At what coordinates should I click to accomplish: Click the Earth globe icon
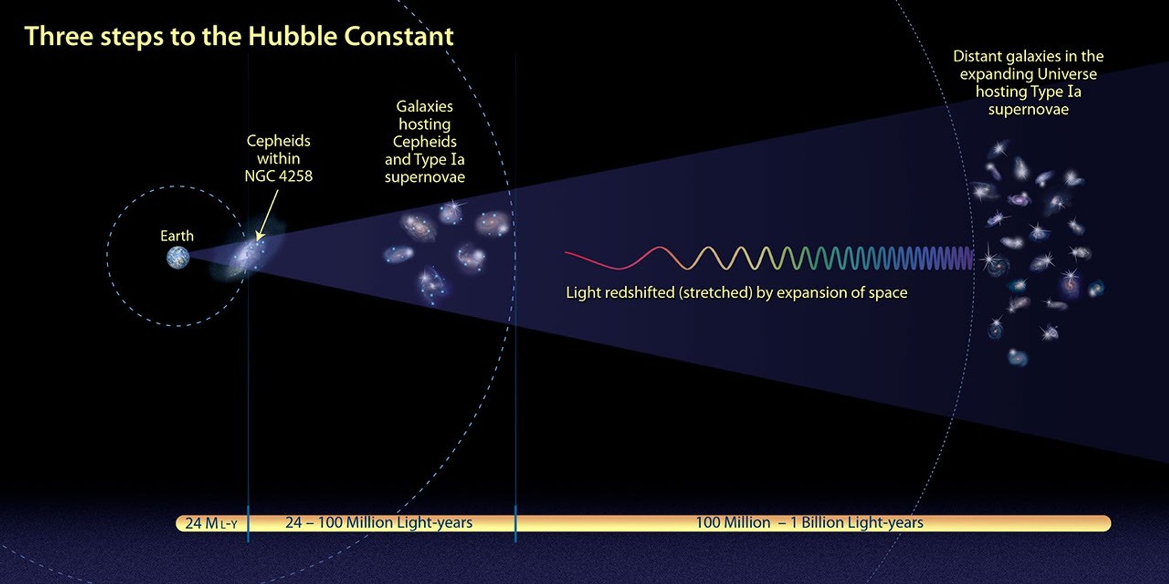pos(178,257)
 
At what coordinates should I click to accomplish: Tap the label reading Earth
pos(177,236)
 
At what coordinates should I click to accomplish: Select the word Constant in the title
pos(399,36)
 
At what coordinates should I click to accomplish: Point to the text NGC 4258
pos(278,176)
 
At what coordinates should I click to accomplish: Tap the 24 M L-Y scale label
pos(211,523)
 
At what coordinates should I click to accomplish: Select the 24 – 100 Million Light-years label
pos(379,523)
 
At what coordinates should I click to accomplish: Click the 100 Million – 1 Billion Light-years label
pos(810,523)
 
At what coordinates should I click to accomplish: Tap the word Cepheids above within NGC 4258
pos(278,141)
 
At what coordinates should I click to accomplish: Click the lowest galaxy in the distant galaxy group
pos(1018,357)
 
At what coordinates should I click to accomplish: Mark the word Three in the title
pos(58,36)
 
